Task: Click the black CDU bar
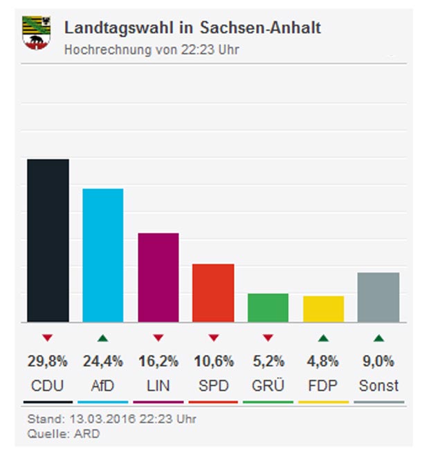tap(48, 241)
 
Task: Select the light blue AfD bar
tap(103, 255)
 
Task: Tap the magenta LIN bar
tap(158, 277)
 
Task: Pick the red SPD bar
tap(213, 293)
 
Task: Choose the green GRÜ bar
tap(268, 308)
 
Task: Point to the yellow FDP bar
tap(323, 309)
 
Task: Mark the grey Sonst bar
tap(378, 297)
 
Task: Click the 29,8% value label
tap(47, 361)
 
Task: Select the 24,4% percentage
tap(102, 361)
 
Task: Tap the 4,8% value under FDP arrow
tap(323, 361)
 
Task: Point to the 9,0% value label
tap(378, 361)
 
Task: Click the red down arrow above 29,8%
tap(47, 338)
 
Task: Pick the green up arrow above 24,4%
tap(102, 338)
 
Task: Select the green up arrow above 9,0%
tap(378, 338)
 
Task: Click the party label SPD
tap(213, 385)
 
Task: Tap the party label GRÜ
tap(268, 385)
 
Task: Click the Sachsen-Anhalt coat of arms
tap(37, 33)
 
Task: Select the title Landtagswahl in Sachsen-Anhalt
tap(192, 28)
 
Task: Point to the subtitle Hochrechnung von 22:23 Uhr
tap(152, 50)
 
